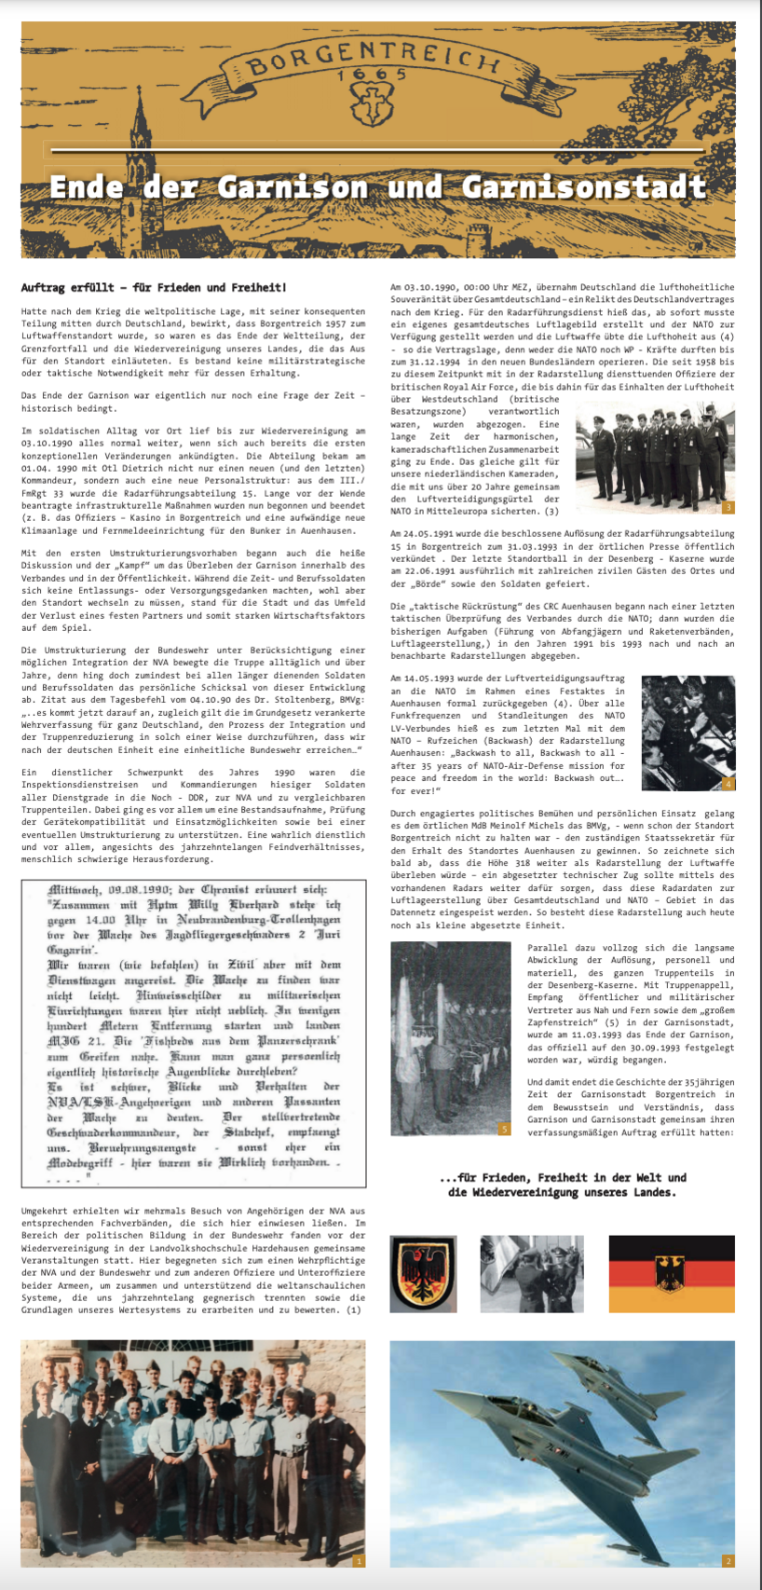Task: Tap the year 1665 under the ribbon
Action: (373, 74)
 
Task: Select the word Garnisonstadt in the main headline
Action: (584, 186)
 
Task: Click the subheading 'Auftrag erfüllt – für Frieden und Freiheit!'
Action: (154, 288)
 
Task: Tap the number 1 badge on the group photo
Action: (359, 1560)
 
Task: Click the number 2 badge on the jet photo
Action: (728, 1560)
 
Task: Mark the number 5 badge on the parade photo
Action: (504, 1129)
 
